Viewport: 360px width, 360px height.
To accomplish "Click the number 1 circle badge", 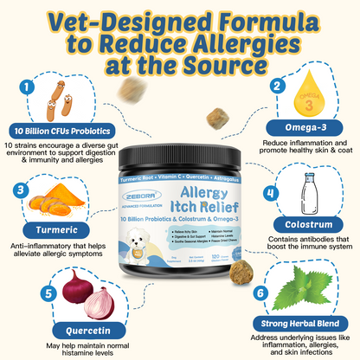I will (x=28, y=87).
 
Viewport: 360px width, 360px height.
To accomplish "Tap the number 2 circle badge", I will (x=276, y=86).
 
